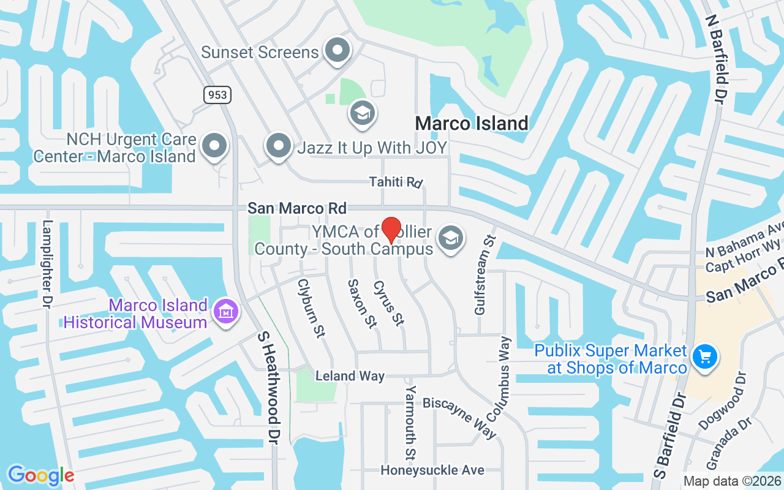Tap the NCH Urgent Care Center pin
pyautogui.click(x=214, y=146)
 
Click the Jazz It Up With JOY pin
pyautogui.click(x=279, y=146)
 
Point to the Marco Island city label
pyautogui.click(x=472, y=123)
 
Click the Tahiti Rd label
pyautogui.click(x=396, y=182)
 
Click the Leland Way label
pyautogui.click(x=350, y=376)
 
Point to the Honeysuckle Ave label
pyautogui.click(x=432, y=470)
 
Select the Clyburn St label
pyautogui.click(x=311, y=308)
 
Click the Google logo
pyautogui.click(x=41, y=475)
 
